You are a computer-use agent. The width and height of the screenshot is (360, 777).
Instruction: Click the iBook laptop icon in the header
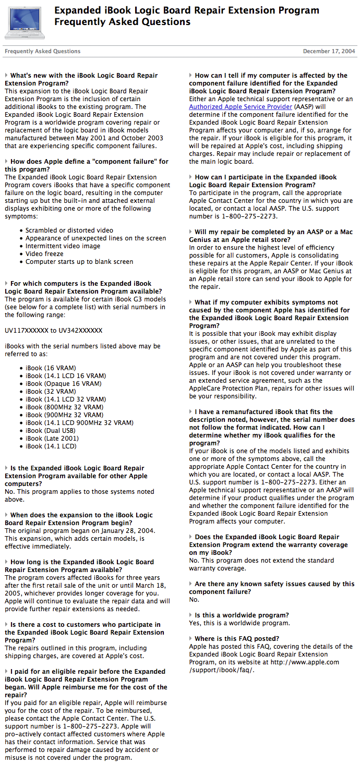click(24, 22)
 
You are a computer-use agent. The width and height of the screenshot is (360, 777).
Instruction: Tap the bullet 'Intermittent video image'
click(63, 246)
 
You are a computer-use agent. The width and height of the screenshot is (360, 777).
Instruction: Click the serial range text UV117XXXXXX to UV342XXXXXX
click(53, 331)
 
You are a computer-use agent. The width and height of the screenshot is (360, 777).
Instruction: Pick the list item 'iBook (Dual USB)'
click(50, 431)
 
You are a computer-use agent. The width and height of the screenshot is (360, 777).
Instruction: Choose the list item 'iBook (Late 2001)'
click(52, 439)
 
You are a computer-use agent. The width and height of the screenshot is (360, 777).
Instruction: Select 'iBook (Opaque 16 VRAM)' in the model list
click(63, 383)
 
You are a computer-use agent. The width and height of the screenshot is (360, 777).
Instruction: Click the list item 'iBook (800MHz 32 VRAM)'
click(64, 407)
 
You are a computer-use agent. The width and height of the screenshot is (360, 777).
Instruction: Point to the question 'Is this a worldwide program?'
click(242, 615)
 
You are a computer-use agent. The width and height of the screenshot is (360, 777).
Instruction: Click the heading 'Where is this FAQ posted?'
click(237, 639)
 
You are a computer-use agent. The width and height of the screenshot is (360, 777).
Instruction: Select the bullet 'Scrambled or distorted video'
click(69, 230)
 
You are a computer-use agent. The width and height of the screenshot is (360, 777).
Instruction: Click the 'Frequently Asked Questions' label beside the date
click(42, 52)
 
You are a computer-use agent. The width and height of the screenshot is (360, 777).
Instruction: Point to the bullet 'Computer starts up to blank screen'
click(79, 262)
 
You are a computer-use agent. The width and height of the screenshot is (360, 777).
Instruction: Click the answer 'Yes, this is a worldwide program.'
click(239, 623)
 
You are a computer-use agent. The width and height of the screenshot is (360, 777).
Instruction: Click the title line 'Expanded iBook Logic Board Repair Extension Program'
click(186, 10)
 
